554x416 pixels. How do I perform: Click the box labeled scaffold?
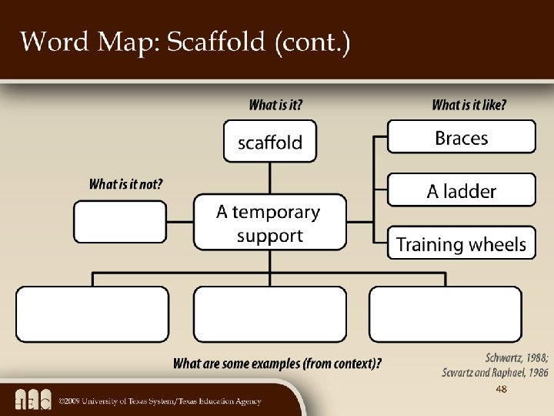coord(269,141)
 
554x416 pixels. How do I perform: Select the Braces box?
coord(461,137)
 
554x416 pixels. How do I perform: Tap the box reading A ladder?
coord(461,190)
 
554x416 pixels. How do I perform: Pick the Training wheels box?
coord(461,243)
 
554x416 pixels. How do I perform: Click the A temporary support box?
coord(269,223)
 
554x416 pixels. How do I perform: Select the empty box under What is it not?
coord(119,222)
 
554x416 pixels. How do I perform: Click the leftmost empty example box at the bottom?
coord(92,314)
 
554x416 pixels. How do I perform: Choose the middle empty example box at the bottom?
coord(270,314)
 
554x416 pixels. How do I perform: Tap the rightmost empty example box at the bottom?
coord(446,314)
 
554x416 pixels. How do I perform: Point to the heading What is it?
coord(275,105)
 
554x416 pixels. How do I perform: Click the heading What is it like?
coord(469,105)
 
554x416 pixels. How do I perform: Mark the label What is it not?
coord(125,184)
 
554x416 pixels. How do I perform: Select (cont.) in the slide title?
coord(312,42)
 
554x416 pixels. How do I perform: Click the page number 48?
coord(501,390)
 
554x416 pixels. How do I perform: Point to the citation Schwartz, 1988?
coord(516,357)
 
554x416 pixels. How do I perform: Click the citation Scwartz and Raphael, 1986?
coord(495,372)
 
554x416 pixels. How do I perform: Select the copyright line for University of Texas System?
coord(161,401)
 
